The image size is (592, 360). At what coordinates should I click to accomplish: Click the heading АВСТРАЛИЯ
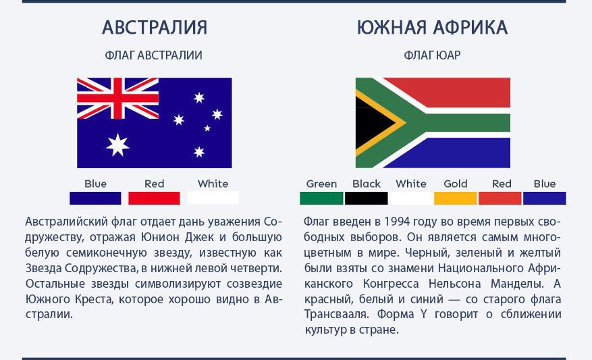155,28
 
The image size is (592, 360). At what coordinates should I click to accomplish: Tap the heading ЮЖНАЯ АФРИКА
432,28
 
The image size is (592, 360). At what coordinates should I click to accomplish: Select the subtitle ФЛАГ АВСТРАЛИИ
154,55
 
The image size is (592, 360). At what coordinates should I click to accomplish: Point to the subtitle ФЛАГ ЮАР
432,55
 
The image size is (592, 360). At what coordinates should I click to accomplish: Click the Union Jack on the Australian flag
118,98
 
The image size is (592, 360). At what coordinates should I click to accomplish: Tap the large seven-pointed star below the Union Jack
117,145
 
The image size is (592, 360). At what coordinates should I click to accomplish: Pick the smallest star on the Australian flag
207,128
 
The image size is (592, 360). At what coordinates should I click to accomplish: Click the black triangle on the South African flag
370,123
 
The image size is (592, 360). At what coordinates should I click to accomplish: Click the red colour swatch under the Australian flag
154,198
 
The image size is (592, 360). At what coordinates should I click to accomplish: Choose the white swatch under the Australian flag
213,198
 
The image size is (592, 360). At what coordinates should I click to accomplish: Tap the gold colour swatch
456,198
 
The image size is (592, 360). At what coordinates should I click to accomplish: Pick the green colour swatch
321,198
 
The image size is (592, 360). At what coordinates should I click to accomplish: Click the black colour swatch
367,198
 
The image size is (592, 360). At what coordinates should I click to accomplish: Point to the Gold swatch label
456,184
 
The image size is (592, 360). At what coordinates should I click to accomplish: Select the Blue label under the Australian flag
96,184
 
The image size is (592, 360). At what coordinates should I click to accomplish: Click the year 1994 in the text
397,222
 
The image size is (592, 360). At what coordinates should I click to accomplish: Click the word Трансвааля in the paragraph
335,314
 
